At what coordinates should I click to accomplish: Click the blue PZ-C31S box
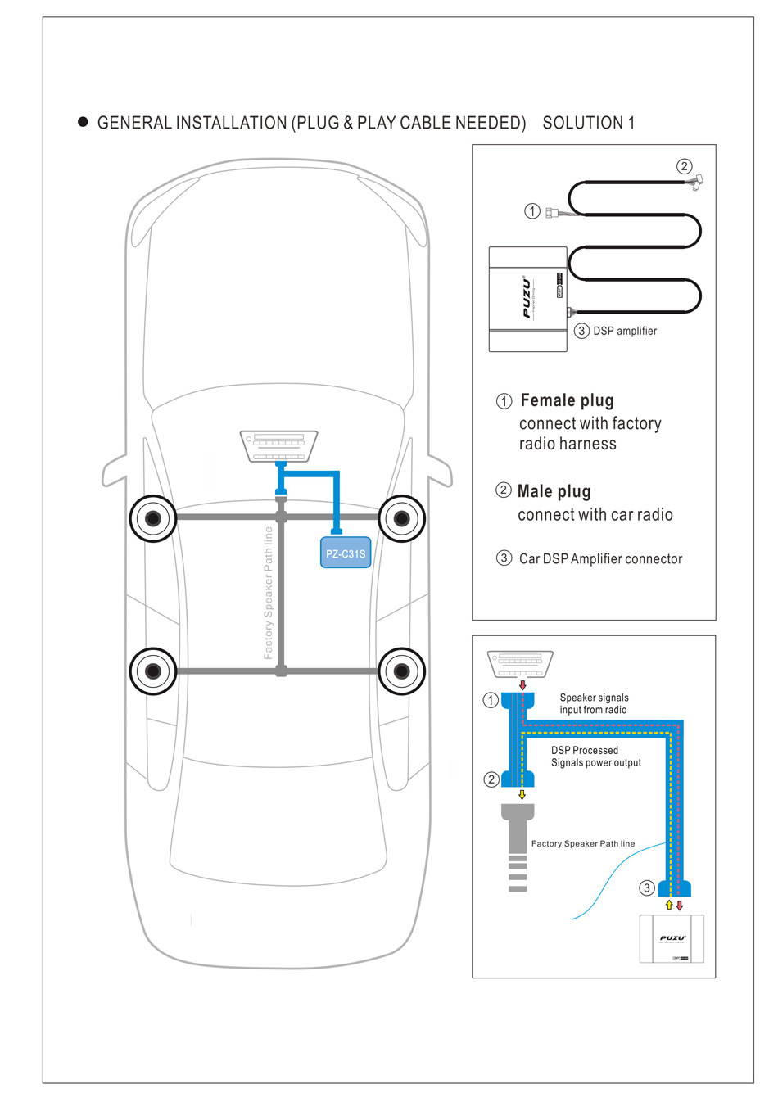(x=346, y=553)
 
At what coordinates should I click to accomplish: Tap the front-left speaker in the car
(x=153, y=517)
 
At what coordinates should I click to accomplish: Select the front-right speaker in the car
(x=401, y=517)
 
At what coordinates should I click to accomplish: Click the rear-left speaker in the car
(x=153, y=671)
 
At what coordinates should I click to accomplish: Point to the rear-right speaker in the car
(x=401, y=671)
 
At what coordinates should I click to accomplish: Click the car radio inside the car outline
(x=279, y=446)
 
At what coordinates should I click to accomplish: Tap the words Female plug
(x=567, y=400)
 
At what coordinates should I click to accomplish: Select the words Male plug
(x=554, y=491)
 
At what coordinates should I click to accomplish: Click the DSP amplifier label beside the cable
(x=625, y=331)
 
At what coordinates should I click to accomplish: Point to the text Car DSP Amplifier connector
(x=600, y=558)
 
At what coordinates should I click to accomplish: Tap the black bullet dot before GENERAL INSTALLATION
(x=83, y=122)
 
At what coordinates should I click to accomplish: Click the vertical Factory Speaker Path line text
(x=268, y=593)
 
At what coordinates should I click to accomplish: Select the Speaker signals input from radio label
(x=594, y=704)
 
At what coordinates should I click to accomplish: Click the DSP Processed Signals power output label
(x=595, y=757)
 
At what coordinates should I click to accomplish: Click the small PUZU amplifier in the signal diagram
(x=672, y=938)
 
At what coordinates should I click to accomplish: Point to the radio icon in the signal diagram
(x=520, y=662)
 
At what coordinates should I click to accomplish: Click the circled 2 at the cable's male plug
(x=684, y=166)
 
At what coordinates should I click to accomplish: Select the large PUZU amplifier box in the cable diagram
(x=528, y=299)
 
